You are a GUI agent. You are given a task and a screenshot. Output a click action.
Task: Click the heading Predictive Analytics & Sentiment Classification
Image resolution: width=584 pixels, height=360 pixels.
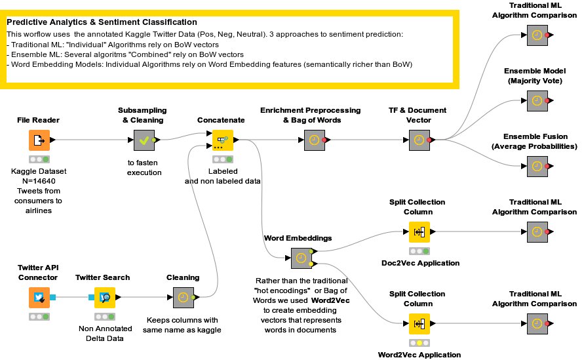102,22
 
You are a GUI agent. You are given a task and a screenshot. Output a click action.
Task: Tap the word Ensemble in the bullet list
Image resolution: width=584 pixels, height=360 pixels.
30,54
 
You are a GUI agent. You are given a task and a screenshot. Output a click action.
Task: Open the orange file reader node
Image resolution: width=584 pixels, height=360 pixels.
39,140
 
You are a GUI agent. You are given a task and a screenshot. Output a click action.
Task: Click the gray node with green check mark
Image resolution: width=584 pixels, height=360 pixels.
144,140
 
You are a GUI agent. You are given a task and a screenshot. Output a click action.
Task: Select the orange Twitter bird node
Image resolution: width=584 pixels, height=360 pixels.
39,297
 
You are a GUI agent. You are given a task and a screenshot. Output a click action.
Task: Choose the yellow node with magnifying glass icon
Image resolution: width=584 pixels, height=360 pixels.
105,297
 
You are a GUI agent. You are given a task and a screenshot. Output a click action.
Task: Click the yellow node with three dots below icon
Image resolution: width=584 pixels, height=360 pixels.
223,140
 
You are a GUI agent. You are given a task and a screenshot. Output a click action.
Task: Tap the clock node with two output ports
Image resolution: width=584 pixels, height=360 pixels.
301,258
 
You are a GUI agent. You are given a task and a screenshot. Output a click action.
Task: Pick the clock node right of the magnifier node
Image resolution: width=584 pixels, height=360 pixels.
183,297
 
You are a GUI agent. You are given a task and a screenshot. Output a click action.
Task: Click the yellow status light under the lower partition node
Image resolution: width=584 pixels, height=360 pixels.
419,343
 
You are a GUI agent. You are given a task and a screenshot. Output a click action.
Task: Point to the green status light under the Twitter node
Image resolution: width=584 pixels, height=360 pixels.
46,317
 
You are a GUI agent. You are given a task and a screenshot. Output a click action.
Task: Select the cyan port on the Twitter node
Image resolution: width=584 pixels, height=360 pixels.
53,297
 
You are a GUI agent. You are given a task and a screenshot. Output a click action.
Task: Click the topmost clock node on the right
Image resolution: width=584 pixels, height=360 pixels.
537,35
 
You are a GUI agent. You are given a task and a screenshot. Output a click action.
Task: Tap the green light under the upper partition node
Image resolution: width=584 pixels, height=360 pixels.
426,251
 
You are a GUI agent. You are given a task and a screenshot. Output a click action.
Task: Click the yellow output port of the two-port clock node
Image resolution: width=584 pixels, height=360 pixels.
311,264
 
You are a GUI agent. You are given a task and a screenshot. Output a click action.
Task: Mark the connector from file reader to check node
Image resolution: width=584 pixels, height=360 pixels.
92,140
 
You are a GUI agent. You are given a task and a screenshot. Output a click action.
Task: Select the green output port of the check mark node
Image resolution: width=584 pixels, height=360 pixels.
154,140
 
